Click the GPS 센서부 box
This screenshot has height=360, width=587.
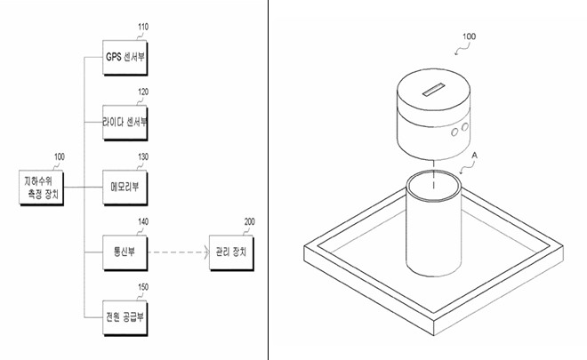click(125, 58)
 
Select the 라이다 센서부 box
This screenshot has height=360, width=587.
click(125, 123)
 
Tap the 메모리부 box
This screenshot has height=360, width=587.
click(125, 188)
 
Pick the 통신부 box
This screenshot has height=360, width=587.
click(125, 252)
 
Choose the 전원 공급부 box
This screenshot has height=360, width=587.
click(125, 317)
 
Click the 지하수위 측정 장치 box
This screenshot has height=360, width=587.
click(42, 188)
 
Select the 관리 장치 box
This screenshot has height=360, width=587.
click(231, 252)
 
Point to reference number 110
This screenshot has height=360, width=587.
click(143, 27)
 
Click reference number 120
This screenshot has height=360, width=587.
click(143, 92)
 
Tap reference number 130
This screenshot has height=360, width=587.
click(143, 156)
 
